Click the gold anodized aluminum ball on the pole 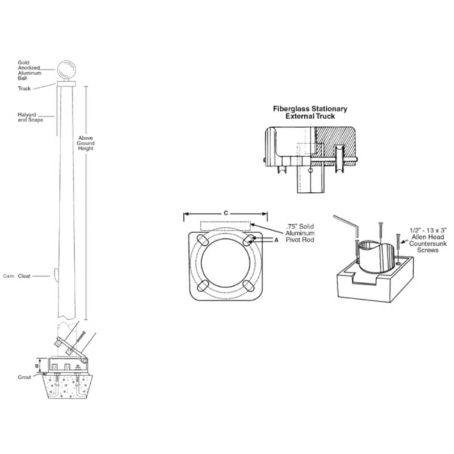click(67, 70)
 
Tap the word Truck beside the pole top click(24, 89)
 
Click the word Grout click(26, 377)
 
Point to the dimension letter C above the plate click(225, 212)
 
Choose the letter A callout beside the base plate click(276, 240)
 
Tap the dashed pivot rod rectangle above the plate click(225, 225)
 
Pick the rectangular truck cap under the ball click(66, 84)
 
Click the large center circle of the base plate click(225, 262)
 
